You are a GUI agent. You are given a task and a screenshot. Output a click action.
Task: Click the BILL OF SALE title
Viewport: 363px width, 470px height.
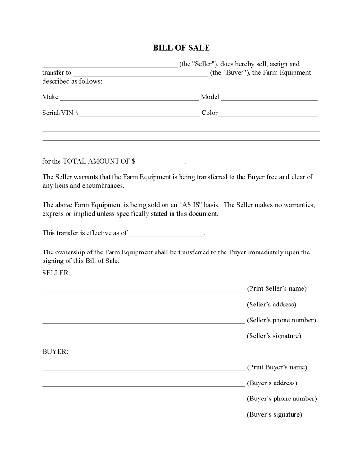pos(181,48)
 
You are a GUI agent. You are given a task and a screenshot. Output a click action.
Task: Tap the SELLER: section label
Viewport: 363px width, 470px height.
pos(56,273)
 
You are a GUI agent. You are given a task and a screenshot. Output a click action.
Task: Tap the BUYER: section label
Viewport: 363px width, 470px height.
pos(55,352)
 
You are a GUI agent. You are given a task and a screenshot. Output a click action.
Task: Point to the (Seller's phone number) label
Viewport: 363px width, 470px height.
pos(281,320)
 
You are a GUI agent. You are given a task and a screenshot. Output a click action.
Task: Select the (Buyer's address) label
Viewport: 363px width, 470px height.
pos(272,383)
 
